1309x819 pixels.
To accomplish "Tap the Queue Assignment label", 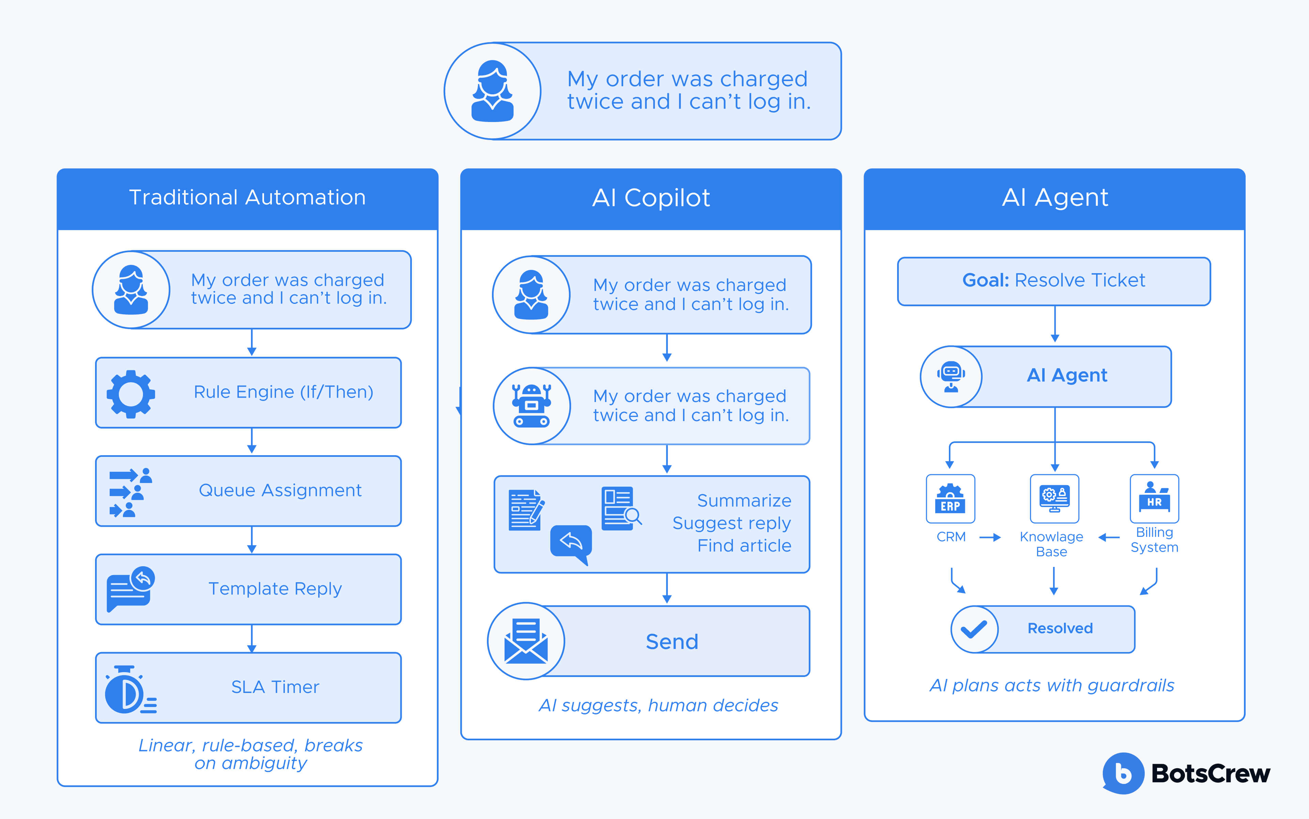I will (x=280, y=490).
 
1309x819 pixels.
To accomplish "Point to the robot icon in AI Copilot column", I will (x=531, y=406).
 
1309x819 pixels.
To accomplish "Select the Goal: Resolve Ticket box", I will (x=1053, y=281).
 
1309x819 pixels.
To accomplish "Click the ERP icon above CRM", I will (x=951, y=499).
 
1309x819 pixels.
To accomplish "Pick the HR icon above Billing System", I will (x=1154, y=498).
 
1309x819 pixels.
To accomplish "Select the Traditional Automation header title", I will (x=247, y=198).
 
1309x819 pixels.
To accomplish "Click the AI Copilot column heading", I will (x=651, y=198).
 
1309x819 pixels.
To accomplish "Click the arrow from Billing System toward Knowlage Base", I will (x=1109, y=537).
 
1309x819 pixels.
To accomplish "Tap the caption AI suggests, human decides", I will (x=658, y=705).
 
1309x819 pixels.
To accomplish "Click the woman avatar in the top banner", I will (x=492, y=91).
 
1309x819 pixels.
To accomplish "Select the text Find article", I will (x=744, y=545).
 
